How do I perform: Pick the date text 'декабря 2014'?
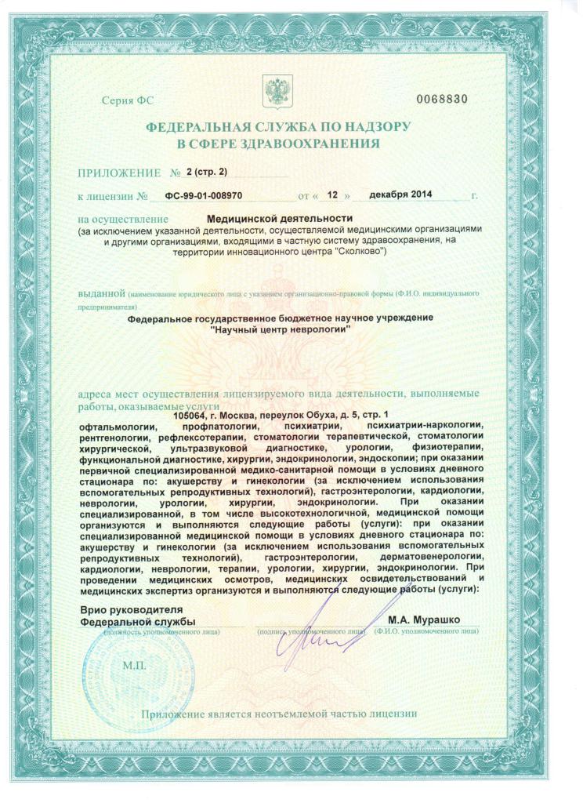point(400,194)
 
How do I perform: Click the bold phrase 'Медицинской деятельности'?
point(280,218)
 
